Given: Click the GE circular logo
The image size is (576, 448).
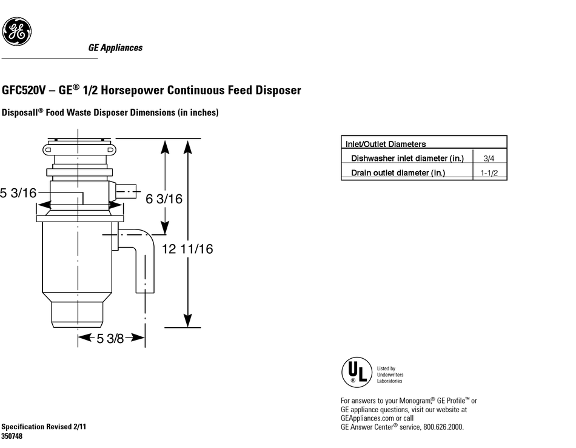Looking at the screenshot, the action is click(x=16, y=32).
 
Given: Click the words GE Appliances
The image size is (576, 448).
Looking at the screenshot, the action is click(x=115, y=48).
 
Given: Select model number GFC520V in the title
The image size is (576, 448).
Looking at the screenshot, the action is click(x=24, y=90).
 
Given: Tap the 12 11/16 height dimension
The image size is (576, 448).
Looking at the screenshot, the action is click(x=187, y=249).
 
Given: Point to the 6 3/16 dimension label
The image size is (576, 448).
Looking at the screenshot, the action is click(x=164, y=199).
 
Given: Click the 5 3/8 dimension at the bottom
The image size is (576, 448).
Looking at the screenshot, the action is click(x=110, y=338).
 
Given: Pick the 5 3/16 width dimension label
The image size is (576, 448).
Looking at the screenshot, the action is click(x=18, y=192).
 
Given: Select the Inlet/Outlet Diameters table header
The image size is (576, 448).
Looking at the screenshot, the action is click(x=386, y=144).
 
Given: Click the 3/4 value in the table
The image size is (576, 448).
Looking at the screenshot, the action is click(x=489, y=158).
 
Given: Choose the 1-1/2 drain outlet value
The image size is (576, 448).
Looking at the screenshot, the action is click(x=489, y=173).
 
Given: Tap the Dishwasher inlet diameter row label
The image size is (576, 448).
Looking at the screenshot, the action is click(x=407, y=158).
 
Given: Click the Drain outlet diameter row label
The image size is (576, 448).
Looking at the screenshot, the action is click(x=398, y=172).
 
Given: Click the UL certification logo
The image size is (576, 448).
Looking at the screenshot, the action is click(x=357, y=372).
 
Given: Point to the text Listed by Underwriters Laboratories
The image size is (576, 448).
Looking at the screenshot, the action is click(x=390, y=375).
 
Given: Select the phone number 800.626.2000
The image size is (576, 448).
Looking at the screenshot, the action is click(x=443, y=427).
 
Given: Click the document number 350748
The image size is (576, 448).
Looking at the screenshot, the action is click(x=12, y=436).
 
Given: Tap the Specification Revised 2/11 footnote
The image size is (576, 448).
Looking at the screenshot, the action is click(x=44, y=427).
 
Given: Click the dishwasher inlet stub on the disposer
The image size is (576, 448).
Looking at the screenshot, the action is click(x=126, y=191).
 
